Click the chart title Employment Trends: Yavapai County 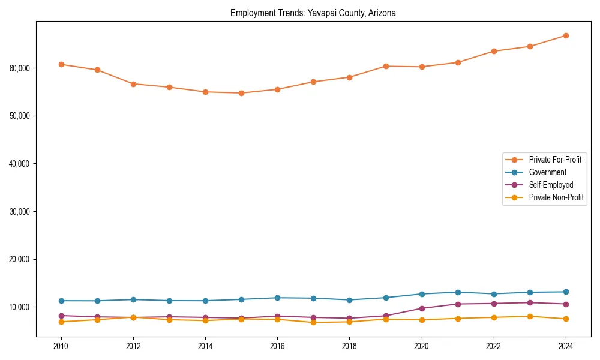[313, 13]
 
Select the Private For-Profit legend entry [555, 160]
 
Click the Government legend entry [547, 172]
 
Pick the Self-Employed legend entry [551, 185]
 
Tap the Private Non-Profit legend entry [556, 197]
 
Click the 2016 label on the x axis [277, 346]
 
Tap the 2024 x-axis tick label [566, 346]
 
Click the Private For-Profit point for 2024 [566, 35]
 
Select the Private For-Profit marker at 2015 [241, 93]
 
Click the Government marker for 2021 [458, 292]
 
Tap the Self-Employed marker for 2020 [422, 308]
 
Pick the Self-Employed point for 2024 [566, 304]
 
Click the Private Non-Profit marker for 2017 [313, 322]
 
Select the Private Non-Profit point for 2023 [530, 316]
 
